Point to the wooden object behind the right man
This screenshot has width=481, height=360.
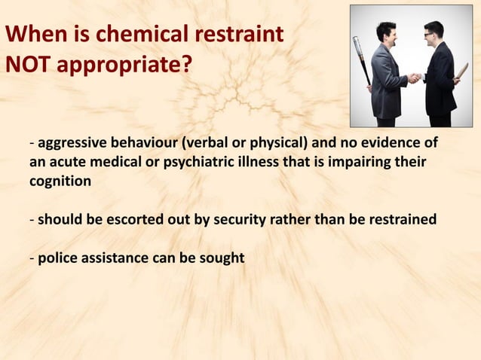click(x=461, y=71)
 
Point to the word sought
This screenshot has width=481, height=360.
click(x=222, y=258)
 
